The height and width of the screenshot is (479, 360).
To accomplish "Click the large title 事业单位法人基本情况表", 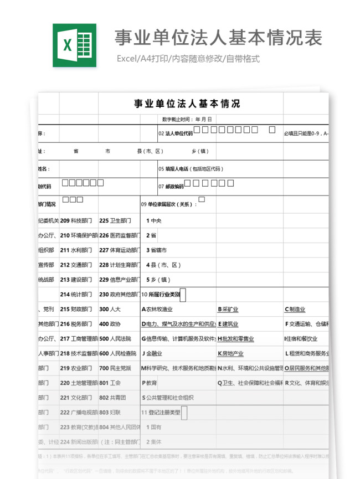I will [x=218, y=38].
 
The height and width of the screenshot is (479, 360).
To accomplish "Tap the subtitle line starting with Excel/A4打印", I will [x=188, y=59].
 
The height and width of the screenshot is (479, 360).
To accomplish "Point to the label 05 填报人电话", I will [x=191, y=169].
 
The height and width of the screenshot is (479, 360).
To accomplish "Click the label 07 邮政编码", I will [x=171, y=187].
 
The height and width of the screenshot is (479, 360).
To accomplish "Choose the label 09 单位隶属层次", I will [x=169, y=204].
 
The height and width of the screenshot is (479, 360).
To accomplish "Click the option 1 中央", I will [x=153, y=220].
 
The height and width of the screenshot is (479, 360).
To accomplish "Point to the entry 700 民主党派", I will [x=115, y=368].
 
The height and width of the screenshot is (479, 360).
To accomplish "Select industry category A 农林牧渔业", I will [x=157, y=310].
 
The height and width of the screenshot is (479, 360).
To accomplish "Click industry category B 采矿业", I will [x=228, y=310].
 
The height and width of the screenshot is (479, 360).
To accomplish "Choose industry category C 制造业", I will [x=295, y=310].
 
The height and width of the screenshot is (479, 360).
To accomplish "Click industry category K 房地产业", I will [x=230, y=353].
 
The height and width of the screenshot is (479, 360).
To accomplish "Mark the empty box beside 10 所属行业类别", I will [x=183, y=295].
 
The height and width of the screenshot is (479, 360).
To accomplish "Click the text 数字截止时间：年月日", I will [x=187, y=119].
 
